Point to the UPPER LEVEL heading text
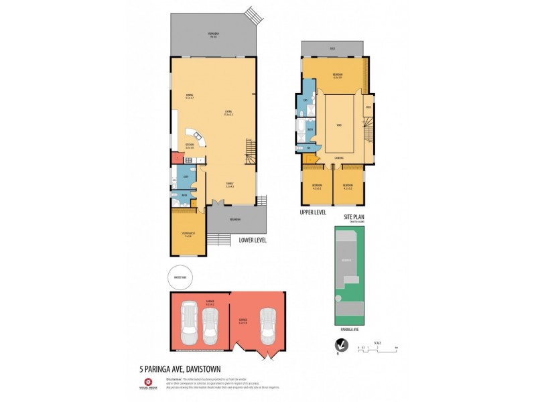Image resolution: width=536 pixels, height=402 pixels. tap(313, 212)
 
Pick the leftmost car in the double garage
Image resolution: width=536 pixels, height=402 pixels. tap(189, 324)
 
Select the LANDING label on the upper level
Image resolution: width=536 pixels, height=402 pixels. tap(340, 158)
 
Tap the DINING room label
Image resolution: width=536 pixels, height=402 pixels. tap(190, 95)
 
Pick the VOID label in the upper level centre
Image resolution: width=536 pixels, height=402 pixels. tap(340, 124)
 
